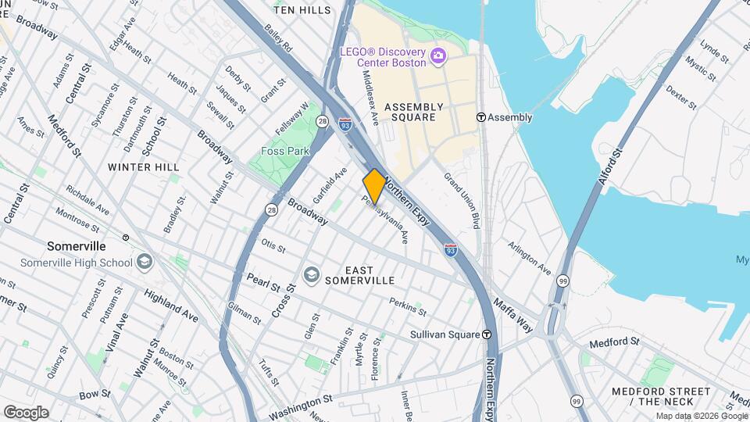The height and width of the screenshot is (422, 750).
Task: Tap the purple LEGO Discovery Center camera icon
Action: coord(437,55)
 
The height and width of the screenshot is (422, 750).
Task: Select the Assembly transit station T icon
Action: coord(481,117)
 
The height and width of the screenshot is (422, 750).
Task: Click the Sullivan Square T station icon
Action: coord(487,334)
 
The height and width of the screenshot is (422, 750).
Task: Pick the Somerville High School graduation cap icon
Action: coord(144,263)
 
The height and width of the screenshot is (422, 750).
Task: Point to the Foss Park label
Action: coord(286,151)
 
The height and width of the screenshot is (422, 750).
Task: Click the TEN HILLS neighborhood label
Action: coord(302,10)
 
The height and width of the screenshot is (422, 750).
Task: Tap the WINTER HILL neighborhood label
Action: coord(144,166)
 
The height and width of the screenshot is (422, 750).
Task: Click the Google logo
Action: coord(25,413)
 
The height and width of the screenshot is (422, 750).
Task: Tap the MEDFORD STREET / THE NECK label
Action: coord(661,396)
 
